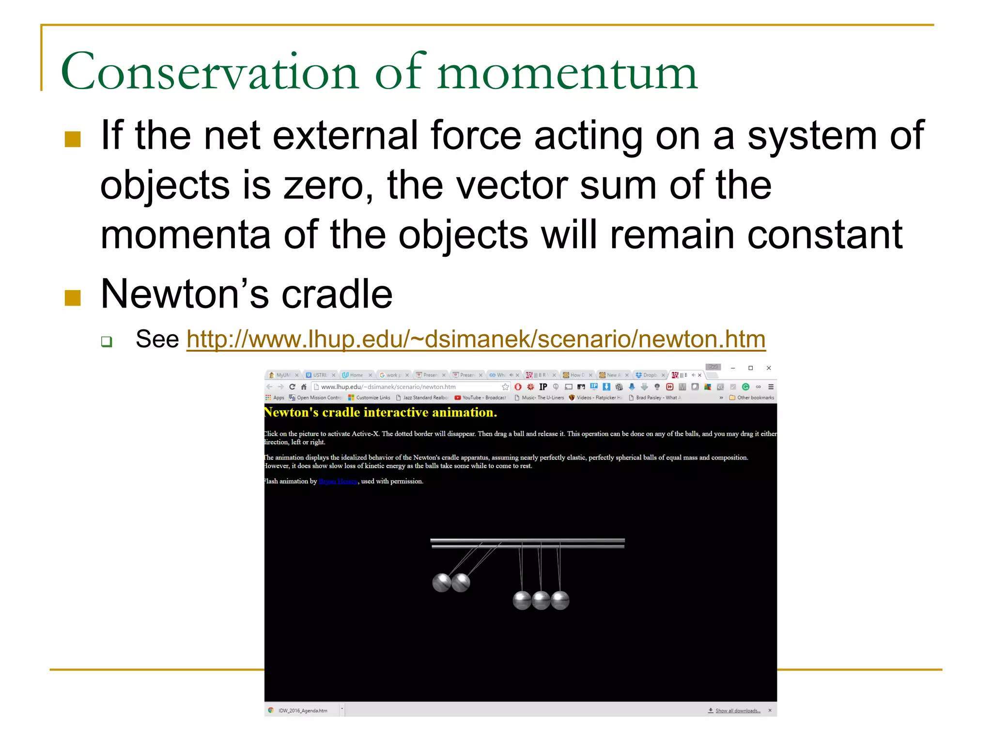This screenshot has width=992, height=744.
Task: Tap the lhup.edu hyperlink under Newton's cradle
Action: [476, 339]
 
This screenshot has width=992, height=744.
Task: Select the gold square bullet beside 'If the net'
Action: [73, 139]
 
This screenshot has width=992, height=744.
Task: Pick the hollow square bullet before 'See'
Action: [107, 341]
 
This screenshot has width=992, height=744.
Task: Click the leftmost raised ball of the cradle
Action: [441, 583]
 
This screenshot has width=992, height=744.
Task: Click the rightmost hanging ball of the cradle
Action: [560, 600]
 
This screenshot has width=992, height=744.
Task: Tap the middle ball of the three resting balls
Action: [541, 600]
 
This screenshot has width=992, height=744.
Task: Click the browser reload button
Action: [292, 387]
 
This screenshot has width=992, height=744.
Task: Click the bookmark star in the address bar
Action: [505, 387]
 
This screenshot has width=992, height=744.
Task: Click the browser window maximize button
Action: [750, 368]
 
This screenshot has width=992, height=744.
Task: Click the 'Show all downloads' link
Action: [737, 711]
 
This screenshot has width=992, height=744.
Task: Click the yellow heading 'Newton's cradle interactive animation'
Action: [380, 412]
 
